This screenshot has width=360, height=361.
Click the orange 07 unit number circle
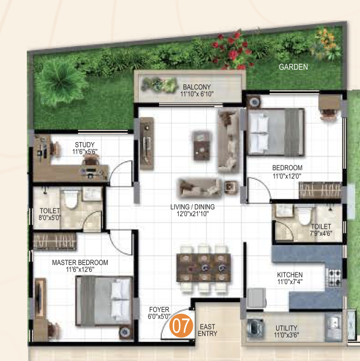pos(181,325)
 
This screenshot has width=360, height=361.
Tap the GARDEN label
pos(293,67)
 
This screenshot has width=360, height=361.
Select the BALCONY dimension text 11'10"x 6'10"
pos(197,94)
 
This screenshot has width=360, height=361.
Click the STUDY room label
pos(85,144)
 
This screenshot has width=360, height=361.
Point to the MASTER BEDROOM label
pos(80,263)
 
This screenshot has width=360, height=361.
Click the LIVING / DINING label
pos(193,207)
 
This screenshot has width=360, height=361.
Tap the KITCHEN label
pos(290,275)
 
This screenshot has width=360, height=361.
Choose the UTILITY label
pos(286,328)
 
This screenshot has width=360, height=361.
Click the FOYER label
pos(159,309)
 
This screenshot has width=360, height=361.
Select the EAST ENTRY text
pos(207,330)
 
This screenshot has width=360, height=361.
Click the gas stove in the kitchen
pos(334,278)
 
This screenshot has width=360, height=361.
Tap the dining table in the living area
pos(204,267)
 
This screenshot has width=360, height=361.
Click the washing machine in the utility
pos(255,327)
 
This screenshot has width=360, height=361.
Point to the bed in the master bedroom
pos(104,301)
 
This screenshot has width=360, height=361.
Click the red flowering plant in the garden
pos(232,50)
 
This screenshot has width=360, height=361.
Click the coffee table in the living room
pos(202,146)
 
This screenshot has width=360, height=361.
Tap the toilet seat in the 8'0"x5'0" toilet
pos(70,199)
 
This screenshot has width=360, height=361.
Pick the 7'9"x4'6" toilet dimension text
pos(321,233)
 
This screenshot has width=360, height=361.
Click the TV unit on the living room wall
pos(147,143)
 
